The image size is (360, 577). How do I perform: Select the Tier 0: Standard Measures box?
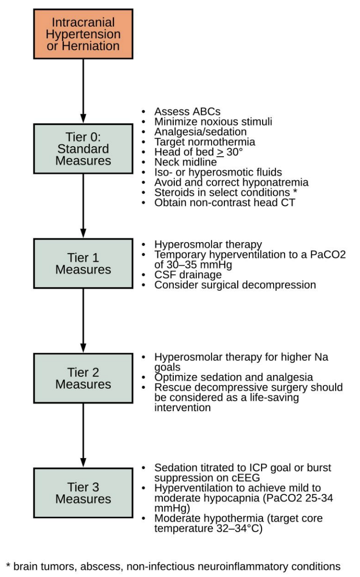pyautogui.click(x=83, y=148)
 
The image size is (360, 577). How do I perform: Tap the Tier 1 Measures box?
pyautogui.click(x=83, y=264)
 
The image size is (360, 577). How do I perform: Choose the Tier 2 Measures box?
pyautogui.click(x=83, y=378)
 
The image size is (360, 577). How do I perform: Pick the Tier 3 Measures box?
pyautogui.click(x=83, y=493)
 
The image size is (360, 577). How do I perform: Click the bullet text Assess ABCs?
pyautogui.click(x=187, y=112)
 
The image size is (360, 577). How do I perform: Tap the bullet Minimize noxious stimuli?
pyautogui.click(x=213, y=122)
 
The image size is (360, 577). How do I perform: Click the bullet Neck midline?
pyautogui.click(x=185, y=162)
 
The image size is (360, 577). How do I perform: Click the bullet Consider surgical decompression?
pyautogui.click(x=235, y=285)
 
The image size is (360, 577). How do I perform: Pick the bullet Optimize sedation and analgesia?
pyautogui.click(x=233, y=377)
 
